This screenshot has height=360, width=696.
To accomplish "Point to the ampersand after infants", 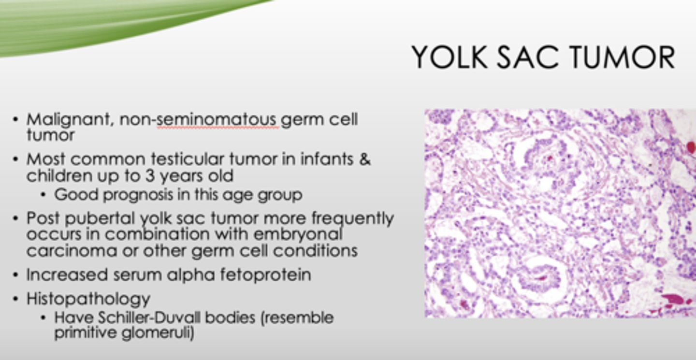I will pos(364,159).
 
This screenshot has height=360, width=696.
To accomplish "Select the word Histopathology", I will pos(88,299).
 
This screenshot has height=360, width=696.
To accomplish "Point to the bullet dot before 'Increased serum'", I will pos(16,275).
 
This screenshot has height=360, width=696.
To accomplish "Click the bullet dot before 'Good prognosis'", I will pos(44,195).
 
